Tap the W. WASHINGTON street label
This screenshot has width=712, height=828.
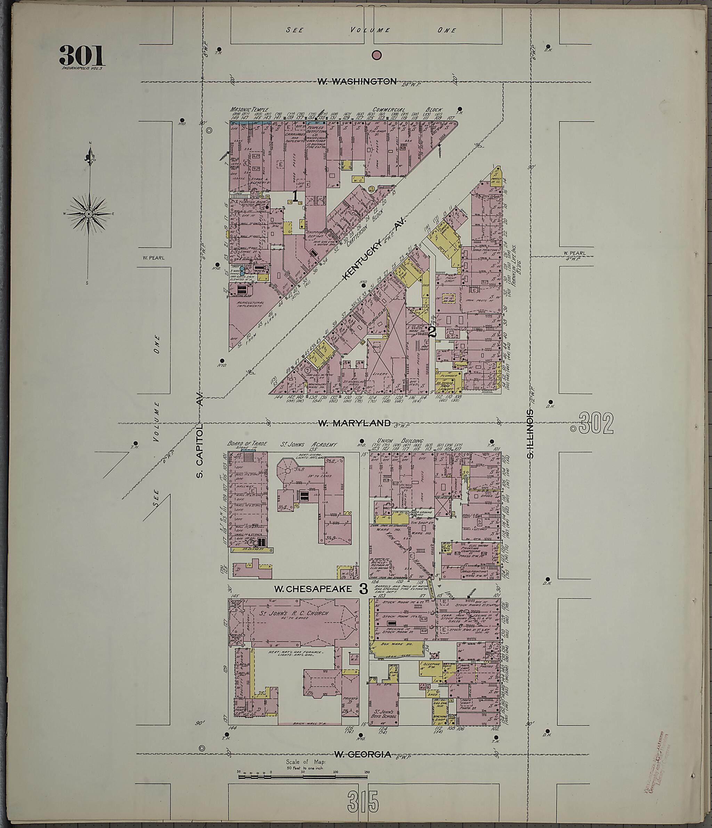(x=357, y=81)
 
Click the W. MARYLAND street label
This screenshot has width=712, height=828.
(x=354, y=423)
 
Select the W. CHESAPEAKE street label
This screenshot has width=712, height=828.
(x=313, y=589)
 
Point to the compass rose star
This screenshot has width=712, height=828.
(x=89, y=214)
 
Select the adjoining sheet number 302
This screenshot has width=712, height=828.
(x=595, y=424)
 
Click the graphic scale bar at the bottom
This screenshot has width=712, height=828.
(x=302, y=776)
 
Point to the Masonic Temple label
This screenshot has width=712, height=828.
(x=249, y=110)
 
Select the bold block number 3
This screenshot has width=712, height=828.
(x=363, y=588)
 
